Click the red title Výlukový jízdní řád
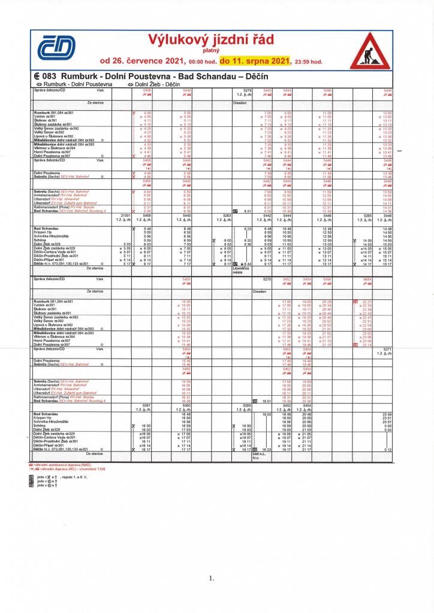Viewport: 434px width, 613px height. [x=211, y=40]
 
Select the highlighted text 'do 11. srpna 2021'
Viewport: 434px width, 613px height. [x=255, y=60]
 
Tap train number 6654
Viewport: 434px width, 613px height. [x=367, y=278]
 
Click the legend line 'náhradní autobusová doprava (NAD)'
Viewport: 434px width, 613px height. [x=62, y=464]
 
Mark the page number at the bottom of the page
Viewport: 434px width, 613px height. [x=212, y=578]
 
